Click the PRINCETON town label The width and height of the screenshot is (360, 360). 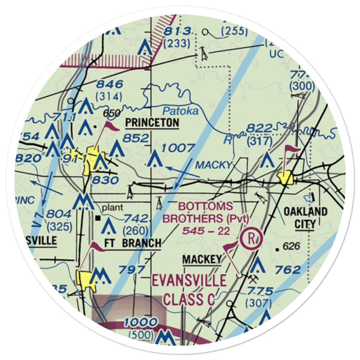coord(152,123)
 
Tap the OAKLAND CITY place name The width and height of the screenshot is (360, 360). coord(305,218)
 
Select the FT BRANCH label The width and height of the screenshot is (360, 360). coord(132,243)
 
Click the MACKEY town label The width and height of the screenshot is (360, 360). coord(202,260)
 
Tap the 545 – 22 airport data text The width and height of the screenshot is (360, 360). coord(206,231)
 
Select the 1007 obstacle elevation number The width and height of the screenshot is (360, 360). coord(178,147)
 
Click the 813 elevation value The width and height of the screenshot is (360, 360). coord(176,32)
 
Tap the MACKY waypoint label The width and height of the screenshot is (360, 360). coord(214,165)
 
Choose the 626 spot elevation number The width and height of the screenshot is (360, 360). coord(291,247)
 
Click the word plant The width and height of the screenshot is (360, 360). coord(112,208)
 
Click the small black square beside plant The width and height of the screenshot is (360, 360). coord(98,218)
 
